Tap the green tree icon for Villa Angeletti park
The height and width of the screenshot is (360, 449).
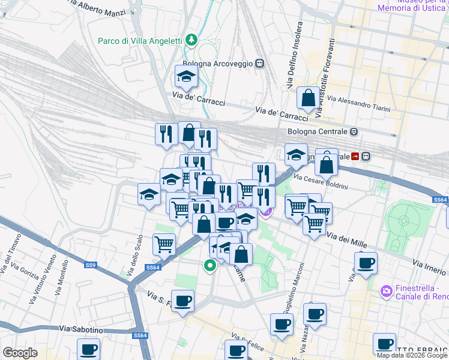tap(191, 40)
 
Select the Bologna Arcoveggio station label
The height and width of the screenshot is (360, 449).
tap(219, 62)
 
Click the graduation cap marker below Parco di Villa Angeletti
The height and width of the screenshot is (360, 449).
tap(186, 76)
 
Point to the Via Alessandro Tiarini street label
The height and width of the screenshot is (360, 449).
tap(359, 103)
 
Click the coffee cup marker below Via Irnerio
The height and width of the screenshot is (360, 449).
tap(366, 263)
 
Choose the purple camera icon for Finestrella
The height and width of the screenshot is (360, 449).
tap(387, 291)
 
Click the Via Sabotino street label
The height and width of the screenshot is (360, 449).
tap(82, 329)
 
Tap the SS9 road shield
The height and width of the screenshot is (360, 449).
tap(91, 265)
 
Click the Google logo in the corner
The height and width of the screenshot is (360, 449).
tap(20, 353)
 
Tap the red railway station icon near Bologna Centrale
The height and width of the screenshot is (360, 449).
tap(356, 156)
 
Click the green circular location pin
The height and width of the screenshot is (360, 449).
tap(210, 265)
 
